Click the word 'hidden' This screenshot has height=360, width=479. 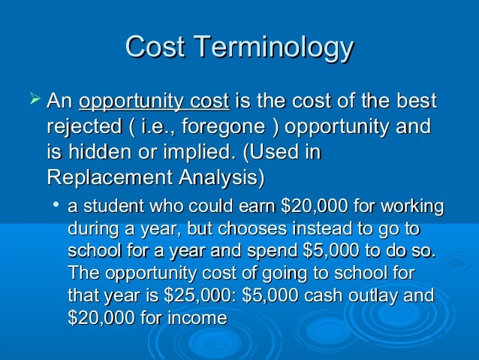click(98, 153)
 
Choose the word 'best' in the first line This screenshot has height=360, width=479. click(415, 101)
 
